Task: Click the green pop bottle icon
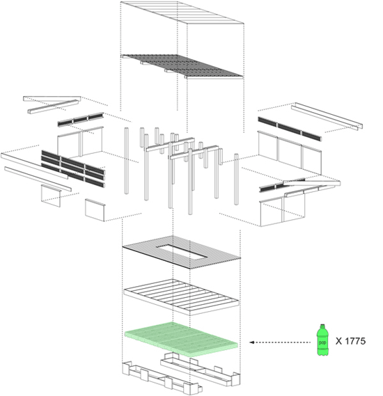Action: [322, 340]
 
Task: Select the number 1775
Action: [354, 341]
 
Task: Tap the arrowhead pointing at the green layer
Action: [251, 342]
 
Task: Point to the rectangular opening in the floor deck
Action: [181, 251]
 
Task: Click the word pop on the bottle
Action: [322, 342]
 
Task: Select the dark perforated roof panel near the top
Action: [182, 65]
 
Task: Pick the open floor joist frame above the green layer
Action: [181, 296]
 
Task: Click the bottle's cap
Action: [322, 326]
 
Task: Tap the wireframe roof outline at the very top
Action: [182, 13]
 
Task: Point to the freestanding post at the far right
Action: [236, 179]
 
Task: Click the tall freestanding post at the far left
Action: [126, 161]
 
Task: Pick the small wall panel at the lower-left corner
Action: [95, 210]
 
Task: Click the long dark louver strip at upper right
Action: [290, 129]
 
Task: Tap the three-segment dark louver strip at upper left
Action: [81, 119]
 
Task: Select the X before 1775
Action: [339, 341]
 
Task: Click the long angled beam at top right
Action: [327, 116]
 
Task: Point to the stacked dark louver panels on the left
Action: [73, 168]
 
